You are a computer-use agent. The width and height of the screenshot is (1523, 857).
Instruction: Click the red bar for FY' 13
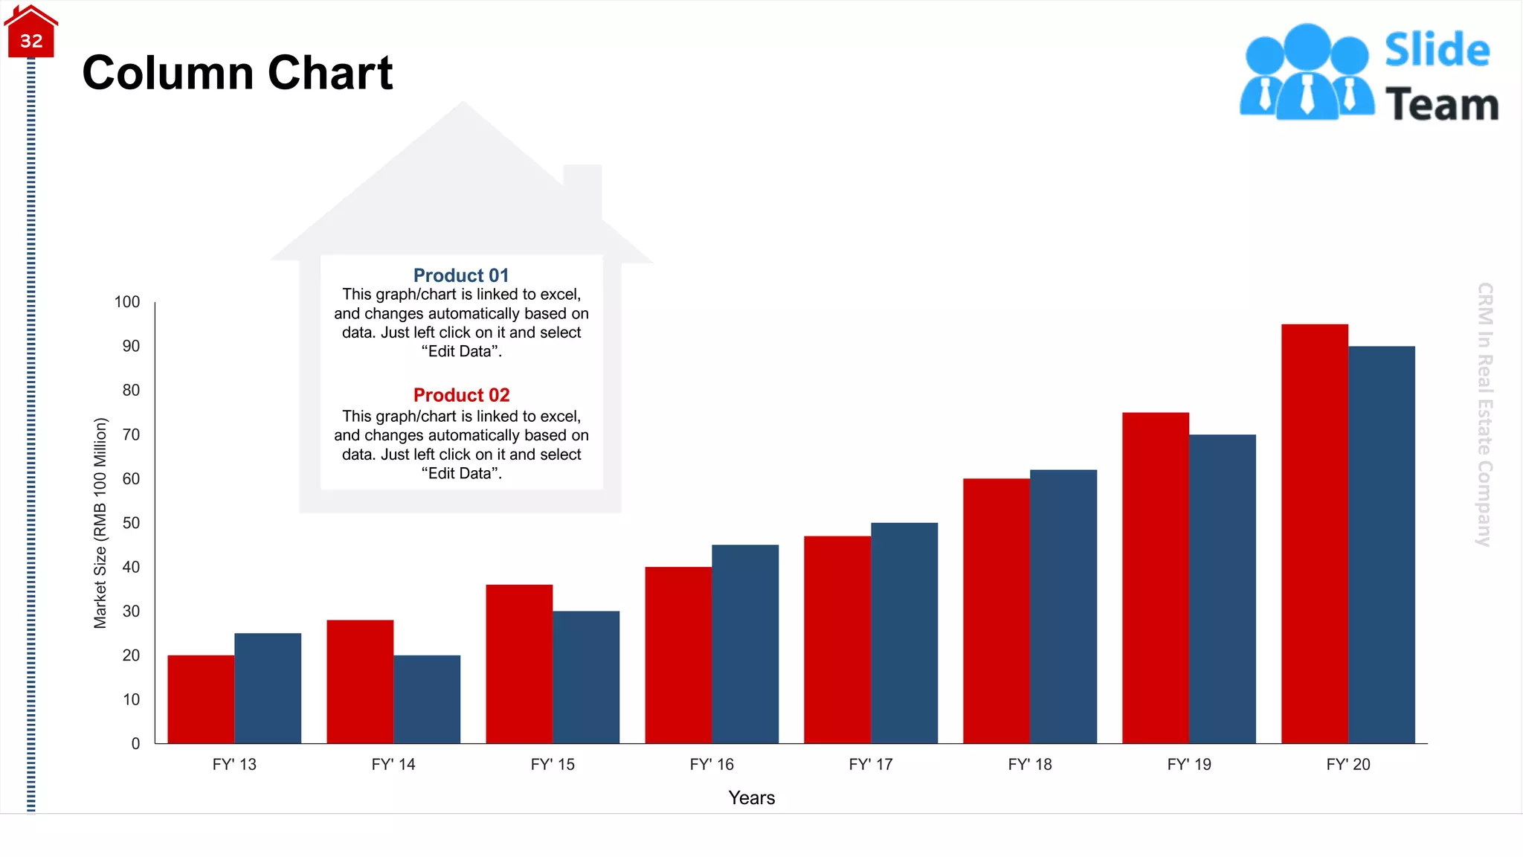tap(201, 699)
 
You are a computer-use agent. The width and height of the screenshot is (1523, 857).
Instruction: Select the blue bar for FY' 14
tap(427, 699)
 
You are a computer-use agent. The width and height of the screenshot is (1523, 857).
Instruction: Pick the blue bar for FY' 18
tap(1063, 606)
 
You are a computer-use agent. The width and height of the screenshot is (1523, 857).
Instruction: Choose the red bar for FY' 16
tap(678, 655)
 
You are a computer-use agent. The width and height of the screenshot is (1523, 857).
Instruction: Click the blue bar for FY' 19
tap(1222, 588)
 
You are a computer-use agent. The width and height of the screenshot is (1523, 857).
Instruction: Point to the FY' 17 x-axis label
tap(870, 764)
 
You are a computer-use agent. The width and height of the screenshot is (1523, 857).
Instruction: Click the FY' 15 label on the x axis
tap(553, 764)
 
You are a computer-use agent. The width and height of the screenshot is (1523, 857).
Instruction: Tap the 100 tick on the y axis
tap(127, 302)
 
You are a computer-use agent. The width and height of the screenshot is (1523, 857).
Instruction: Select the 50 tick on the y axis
tap(131, 523)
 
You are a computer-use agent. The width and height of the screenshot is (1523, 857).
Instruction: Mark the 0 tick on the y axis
tap(135, 743)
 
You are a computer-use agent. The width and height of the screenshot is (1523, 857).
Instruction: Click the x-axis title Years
tap(751, 797)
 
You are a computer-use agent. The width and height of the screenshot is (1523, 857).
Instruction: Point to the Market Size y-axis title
tap(100, 523)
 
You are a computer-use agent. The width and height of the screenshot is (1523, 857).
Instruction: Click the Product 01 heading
tap(461, 275)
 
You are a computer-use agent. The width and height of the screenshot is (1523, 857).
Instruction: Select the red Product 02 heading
tap(461, 395)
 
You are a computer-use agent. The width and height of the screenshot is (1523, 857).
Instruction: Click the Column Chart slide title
tap(237, 73)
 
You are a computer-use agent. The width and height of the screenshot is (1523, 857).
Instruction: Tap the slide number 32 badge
tap(31, 40)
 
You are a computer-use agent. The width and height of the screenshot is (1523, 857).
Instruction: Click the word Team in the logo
tap(1441, 104)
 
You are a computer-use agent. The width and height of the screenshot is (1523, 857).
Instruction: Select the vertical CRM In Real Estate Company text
tap(1484, 414)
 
